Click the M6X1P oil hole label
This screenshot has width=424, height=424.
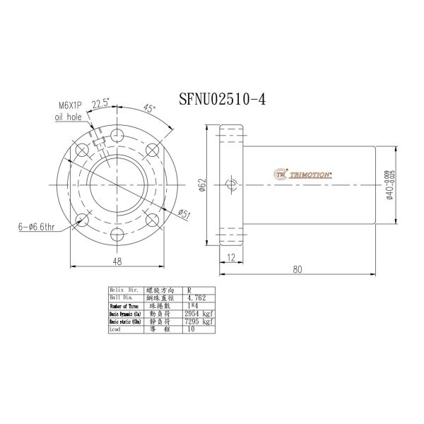point(71,112)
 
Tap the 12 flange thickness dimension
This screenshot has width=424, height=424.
point(230,259)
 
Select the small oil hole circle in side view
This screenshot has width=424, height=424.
point(230,185)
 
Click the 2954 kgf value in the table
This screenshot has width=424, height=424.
point(201,314)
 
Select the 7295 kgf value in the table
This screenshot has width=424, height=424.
point(201,322)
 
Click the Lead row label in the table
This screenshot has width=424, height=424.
point(117,329)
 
